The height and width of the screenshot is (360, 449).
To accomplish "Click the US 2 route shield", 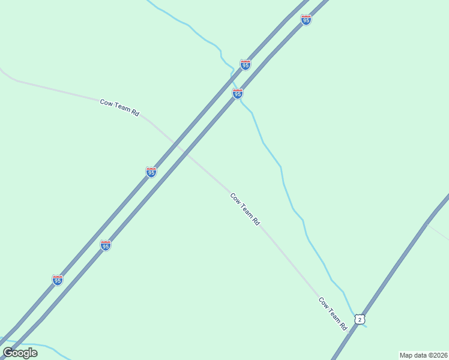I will click(359, 319).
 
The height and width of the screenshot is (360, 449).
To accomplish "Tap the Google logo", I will click(20, 353).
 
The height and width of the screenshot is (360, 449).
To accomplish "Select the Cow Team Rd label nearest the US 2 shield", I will click(333, 314).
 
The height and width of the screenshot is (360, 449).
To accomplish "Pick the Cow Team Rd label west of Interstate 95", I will click(119, 107).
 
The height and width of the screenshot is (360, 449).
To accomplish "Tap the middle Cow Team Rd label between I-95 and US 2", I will click(245, 209).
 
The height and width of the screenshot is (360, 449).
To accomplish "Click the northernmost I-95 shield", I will click(306, 20).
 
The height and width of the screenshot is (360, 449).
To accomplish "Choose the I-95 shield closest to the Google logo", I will click(58, 280).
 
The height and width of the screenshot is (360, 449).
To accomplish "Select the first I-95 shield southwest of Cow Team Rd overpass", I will click(151, 172).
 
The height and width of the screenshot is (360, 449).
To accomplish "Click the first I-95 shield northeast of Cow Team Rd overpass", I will click(238, 94).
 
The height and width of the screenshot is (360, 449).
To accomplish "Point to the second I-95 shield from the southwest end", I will click(106, 245).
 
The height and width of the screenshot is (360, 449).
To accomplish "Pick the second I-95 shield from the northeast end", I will click(246, 64).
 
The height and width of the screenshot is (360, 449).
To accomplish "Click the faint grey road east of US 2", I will click(438, 231).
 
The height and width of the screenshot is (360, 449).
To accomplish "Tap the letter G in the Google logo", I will click(8, 353).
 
